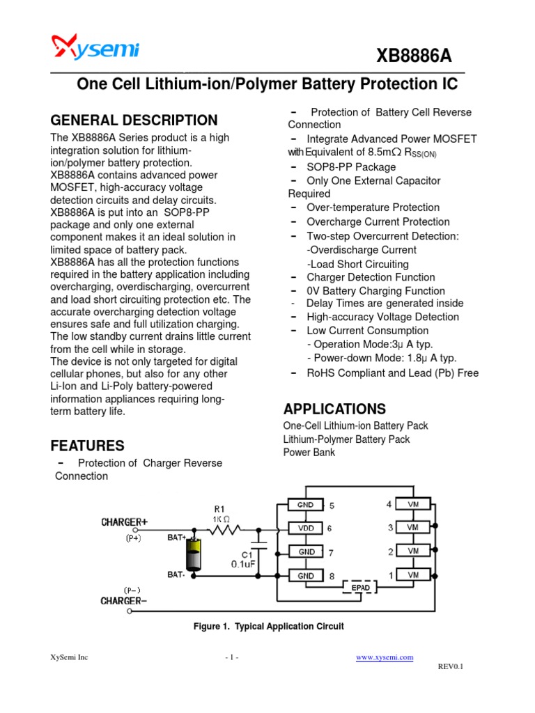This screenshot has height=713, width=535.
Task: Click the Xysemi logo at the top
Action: click(95, 49)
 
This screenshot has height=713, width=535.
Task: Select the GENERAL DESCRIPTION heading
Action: click(134, 120)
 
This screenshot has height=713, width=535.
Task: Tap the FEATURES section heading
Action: click(88, 446)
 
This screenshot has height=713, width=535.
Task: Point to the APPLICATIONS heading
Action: click(334, 409)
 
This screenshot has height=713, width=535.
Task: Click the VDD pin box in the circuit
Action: click(305, 528)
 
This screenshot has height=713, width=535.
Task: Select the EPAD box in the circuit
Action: click(360, 588)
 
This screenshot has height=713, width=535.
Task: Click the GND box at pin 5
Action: click(305, 505)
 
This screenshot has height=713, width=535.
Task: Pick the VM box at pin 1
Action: click(414, 575)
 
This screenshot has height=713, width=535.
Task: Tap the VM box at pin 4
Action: click(414, 504)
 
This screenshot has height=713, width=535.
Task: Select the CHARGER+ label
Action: click(124, 522)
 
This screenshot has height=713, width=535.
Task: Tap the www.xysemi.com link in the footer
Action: click(385, 657)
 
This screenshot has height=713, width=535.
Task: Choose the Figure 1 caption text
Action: click(268, 627)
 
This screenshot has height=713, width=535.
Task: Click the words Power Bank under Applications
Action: click(309, 453)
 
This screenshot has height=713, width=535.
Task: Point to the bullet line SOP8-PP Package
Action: click(351, 167)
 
